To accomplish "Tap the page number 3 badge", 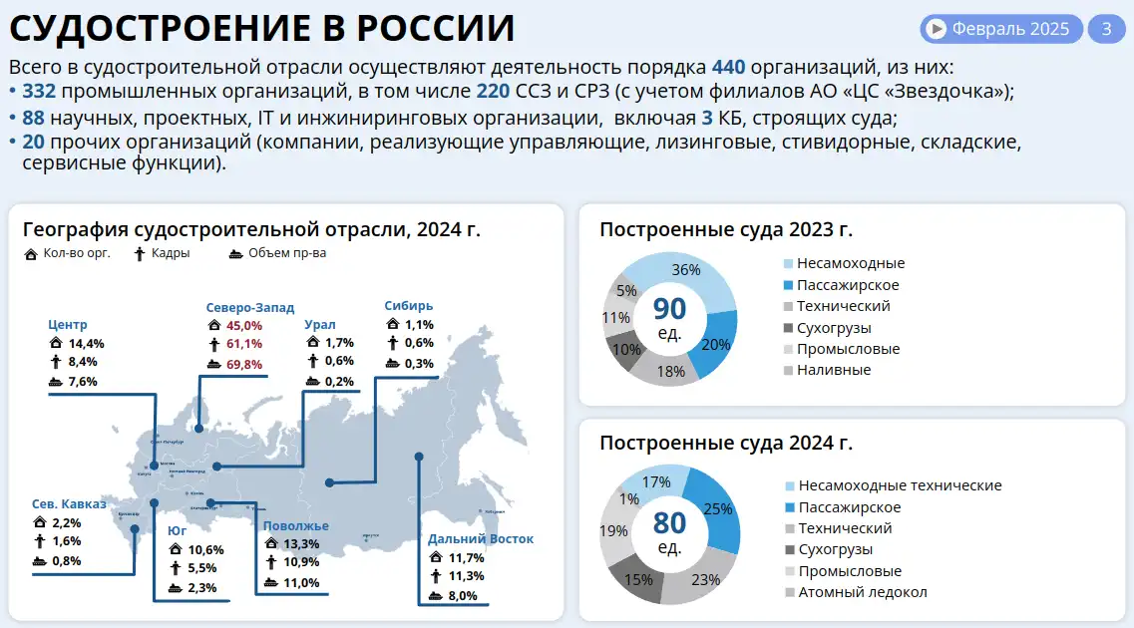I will click(x=1105, y=29).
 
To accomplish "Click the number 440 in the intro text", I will click(x=727, y=68).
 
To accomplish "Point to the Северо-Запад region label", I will click(x=250, y=308).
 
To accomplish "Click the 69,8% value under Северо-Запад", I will click(x=244, y=364).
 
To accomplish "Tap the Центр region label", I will click(x=68, y=324).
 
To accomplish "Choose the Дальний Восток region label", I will click(x=481, y=539).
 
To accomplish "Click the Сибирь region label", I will click(x=409, y=306).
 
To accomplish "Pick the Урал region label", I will click(x=320, y=324).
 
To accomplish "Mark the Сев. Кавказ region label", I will click(x=69, y=503).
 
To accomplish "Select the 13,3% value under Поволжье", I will click(x=301, y=544).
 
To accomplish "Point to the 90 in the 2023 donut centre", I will click(x=669, y=309).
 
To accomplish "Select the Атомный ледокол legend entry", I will click(x=863, y=592).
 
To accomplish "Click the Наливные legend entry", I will click(x=834, y=370).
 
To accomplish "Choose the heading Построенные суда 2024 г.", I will click(x=726, y=444).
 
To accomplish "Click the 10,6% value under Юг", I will click(x=205, y=549).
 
